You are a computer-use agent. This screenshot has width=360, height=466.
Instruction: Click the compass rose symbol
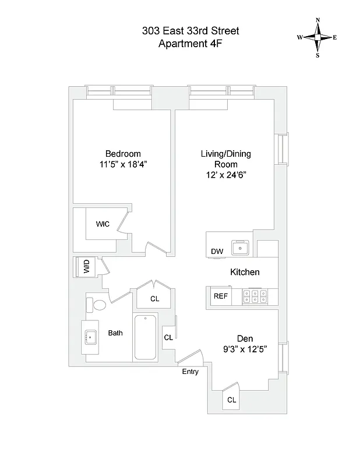317,37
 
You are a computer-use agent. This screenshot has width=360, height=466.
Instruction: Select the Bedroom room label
123,154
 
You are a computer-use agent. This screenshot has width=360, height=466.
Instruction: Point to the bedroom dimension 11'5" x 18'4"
123,164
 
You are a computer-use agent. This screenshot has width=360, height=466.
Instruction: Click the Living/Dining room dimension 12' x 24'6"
227,175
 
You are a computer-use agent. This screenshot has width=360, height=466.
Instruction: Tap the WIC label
103,224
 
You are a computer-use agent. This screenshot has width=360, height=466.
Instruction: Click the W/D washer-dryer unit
86,268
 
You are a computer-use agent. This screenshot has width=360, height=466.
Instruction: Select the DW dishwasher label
217,251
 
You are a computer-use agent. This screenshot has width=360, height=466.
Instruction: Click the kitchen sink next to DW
240,248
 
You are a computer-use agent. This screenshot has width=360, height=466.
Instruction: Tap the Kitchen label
245,272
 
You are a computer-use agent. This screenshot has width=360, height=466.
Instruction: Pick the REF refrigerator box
220,296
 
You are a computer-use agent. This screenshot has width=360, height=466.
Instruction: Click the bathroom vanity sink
90,337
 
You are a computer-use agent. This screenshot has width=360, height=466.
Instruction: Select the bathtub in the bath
146,338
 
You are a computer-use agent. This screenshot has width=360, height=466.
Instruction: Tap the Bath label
115,333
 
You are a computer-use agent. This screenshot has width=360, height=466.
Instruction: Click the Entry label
190,372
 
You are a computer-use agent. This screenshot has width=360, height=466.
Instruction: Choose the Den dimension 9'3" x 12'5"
244,349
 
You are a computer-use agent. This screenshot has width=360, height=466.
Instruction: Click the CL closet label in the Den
231,400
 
